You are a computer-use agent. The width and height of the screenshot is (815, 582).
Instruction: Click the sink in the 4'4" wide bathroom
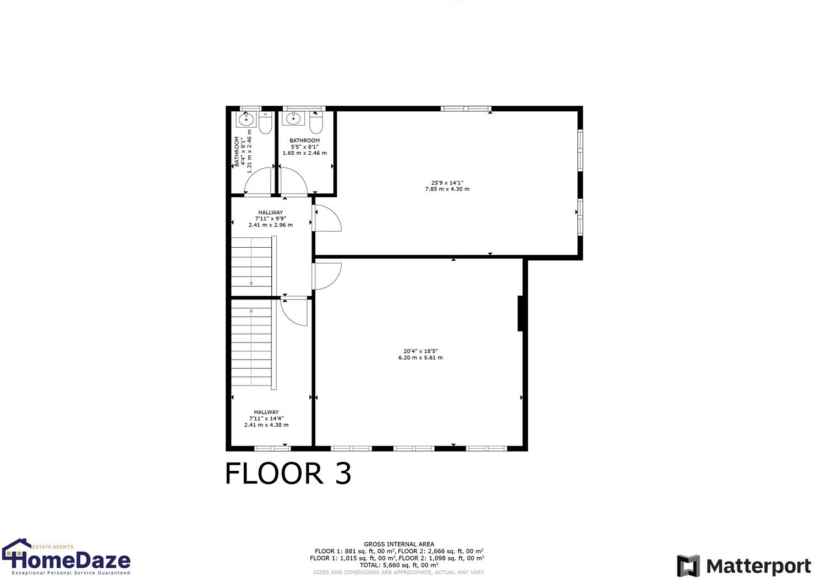(245, 119)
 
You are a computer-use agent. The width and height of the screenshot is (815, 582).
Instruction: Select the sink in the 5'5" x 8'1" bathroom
(293, 118)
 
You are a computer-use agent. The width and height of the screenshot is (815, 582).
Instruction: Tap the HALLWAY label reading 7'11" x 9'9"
(270, 219)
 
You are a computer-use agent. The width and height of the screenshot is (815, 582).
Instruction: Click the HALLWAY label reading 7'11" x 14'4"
(266, 418)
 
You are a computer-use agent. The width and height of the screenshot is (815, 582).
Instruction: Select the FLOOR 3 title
(288, 474)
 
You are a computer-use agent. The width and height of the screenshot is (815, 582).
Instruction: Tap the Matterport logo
(743, 566)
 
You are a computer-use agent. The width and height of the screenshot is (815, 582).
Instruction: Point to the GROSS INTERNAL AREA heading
(398, 544)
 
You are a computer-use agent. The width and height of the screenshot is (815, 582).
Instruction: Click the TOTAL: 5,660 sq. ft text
(398, 565)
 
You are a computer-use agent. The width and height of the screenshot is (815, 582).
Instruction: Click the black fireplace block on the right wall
(520, 314)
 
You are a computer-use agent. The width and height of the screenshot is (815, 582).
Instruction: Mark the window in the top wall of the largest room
(466, 108)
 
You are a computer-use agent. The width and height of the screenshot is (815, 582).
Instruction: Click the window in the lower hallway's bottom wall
(272, 449)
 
